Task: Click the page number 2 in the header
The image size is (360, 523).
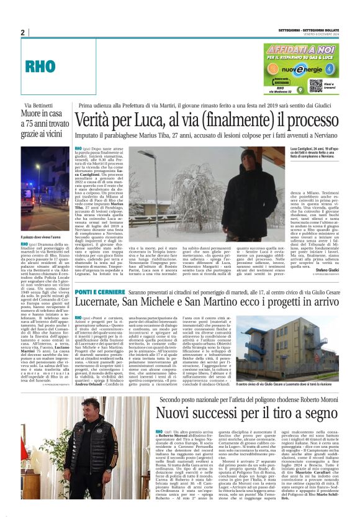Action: tap(23, 32)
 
